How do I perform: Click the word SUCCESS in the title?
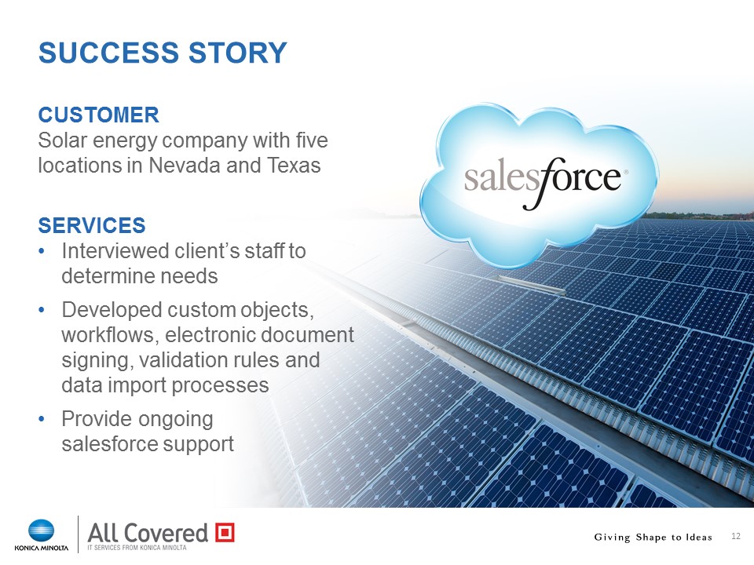point(108,53)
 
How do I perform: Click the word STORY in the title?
point(237,53)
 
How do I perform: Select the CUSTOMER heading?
point(99,115)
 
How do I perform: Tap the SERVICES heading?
point(92,225)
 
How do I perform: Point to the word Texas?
point(294,166)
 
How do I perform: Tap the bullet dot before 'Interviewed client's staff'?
point(42,251)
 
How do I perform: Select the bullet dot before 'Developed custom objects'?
point(42,310)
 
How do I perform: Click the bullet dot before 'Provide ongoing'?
point(42,419)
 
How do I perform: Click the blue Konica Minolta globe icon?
point(42,530)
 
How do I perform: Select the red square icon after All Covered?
point(225,532)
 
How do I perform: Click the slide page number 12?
point(736,536)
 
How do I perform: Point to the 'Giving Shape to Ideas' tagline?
point(653,537)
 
